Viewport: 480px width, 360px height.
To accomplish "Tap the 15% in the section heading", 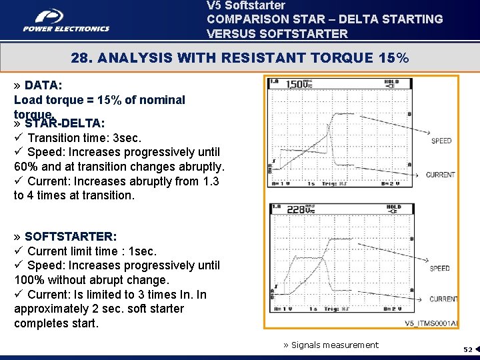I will coord(393,58).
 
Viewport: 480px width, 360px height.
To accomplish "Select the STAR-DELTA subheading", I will coord(64,123).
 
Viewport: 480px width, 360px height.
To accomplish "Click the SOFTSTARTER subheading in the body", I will coord(71,237).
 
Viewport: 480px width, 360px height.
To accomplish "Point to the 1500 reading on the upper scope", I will coord(298,84).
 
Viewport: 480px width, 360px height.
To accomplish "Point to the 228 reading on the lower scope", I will coord(298,209).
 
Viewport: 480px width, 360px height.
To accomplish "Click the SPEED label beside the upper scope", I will coord(441,141).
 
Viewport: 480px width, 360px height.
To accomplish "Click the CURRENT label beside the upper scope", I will coord(440,175).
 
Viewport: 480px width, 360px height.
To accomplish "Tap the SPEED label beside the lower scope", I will coord(440,268).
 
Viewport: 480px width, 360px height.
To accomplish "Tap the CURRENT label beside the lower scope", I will coord(443,299).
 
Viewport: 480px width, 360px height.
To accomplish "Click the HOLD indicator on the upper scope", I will coord(393,83).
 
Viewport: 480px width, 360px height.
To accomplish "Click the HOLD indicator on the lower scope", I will coord(393,207).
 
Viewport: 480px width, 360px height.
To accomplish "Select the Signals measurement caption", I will coord(331,345).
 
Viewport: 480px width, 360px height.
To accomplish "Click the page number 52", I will coord(468,349).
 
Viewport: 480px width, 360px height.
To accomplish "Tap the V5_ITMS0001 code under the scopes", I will coord(431,323).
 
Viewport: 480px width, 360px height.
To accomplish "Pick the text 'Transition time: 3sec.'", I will coord(84,138).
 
